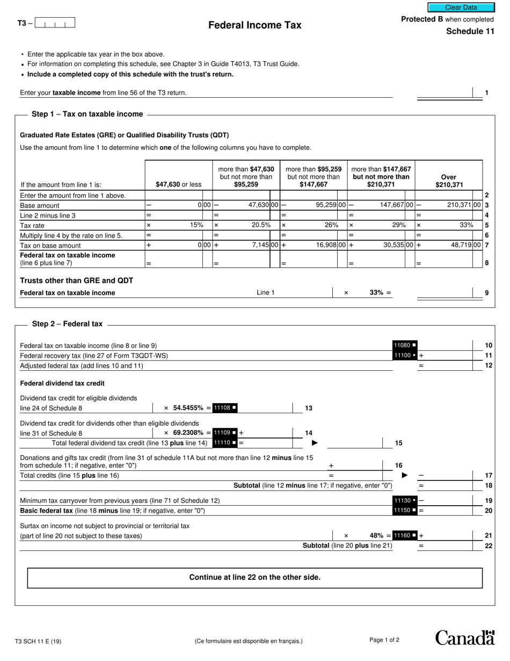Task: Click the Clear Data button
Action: tap(461, 8)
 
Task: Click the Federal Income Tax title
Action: tap(254, 25)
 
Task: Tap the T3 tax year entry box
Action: tap(54, 23)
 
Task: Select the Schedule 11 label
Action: tap(470, 31)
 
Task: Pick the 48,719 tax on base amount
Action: tap(460, 245)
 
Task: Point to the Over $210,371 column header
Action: tap(449, 181)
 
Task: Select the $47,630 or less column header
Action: tap(179, 184)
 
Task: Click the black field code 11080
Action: tap(404, 346)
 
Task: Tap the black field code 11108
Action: tap(225, 408)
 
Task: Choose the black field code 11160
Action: tap(404, 536)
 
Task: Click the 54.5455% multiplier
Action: tap(188, 408)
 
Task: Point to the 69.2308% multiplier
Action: tap(188, 433)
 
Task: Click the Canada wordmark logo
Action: tap(464, 638)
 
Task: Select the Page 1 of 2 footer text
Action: tap(384, 640)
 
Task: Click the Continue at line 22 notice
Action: tap(254, 578)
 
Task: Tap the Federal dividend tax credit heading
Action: tap(62, 383)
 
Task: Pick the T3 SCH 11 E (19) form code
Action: tap(38, 641)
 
